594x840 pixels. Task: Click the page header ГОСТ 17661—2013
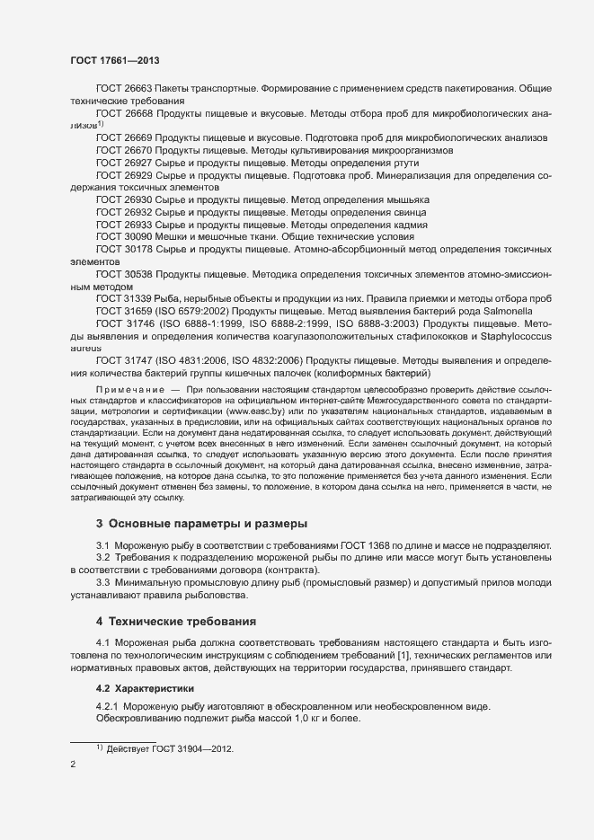116,59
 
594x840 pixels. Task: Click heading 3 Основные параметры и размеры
201,524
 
